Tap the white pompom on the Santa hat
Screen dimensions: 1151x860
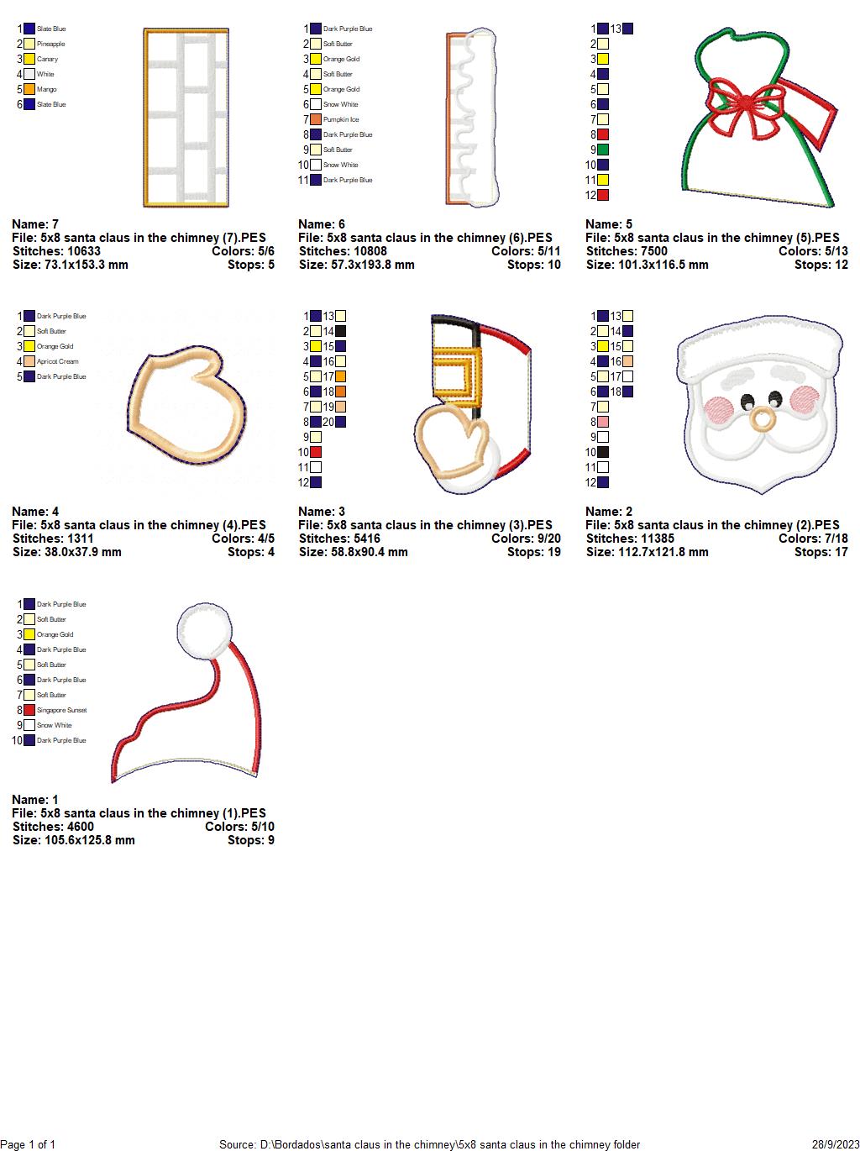[201, 629]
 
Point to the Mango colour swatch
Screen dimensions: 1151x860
[29, 89]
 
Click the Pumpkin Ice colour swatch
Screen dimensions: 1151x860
[316, 119]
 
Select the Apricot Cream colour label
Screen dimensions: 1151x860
[57, 361]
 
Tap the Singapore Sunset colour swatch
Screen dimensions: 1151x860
[29, 710]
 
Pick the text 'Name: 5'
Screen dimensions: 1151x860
[609, 224]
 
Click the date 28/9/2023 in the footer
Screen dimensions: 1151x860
[835, 1144]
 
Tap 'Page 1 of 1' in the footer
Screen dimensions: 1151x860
[29, 1144]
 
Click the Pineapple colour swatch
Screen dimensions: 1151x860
[29, 44]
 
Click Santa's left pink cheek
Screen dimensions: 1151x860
[719, 409]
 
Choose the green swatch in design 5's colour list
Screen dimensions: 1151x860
[603, 150]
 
